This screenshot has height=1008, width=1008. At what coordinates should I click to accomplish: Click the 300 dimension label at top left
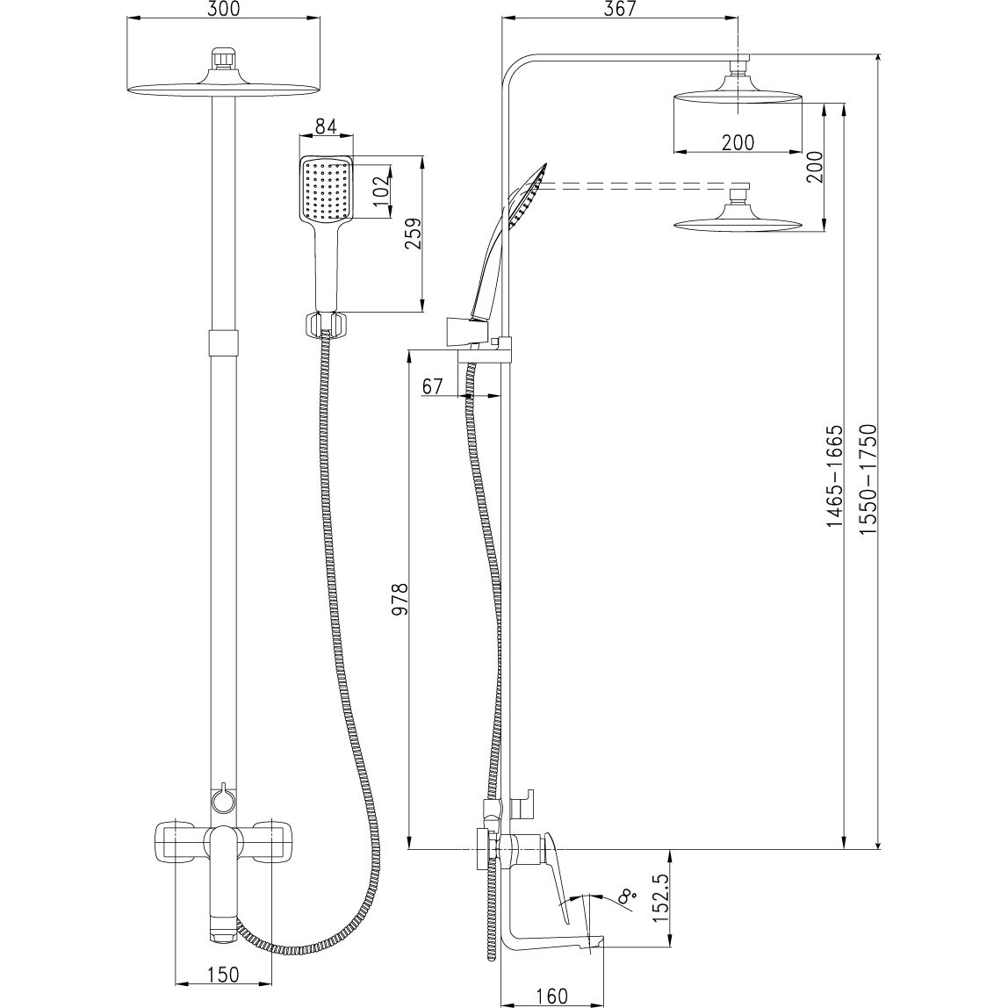click(225, 9)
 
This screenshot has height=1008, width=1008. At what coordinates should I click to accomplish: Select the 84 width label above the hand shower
click(327, 126)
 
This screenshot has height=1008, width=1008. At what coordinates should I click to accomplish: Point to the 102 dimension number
click(381, 187)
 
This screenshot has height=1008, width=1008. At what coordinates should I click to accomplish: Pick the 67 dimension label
click(433, 386)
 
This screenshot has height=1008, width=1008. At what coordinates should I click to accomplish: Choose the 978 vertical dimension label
click(400, 600)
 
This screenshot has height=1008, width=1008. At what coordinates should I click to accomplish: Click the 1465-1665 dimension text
click(834, 475)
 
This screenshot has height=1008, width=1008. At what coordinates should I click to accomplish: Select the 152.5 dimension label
click(660, 897)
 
